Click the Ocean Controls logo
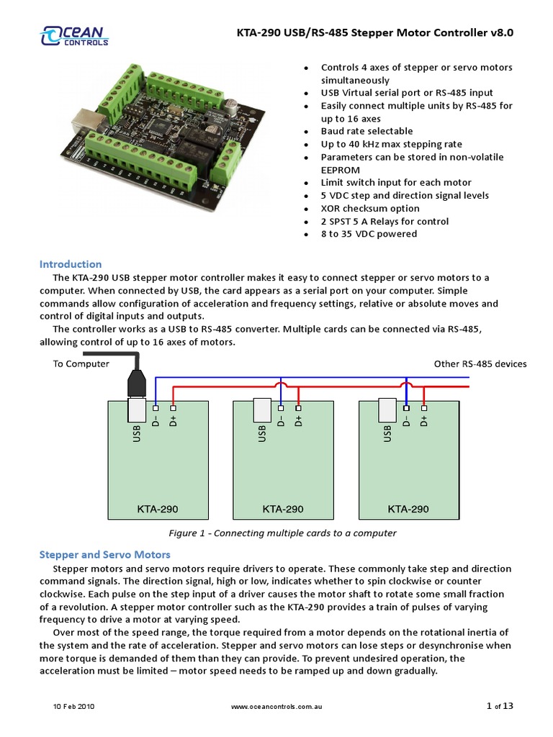click(x=74, y=36)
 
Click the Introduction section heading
click(x=70, y=264)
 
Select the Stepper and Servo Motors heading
click(x=104, y=555)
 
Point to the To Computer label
click(x=81, y=364)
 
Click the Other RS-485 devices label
click(x=480, y=364)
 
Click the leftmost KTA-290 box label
click(x=158, y=510)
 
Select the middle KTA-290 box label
click(x=283, y=510)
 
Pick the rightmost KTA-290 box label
click(x=408, y=510)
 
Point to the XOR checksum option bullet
click(x=370, y=209)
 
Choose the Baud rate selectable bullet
click(x=367, y=131)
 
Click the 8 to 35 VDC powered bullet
click(x=369, y=234)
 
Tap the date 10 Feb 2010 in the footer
click(x=73, y=707)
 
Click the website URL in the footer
click(x=276, y=707)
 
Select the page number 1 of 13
click(x=500, y=706)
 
